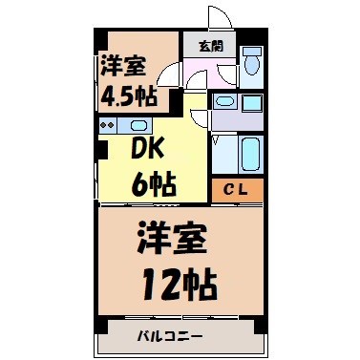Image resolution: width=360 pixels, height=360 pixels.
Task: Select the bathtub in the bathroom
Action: click(250, 153)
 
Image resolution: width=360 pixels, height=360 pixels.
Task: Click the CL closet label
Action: click(236, 189)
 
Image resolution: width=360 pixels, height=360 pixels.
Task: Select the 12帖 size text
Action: click(180, 282)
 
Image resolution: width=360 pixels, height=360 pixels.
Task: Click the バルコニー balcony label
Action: click(176, 336)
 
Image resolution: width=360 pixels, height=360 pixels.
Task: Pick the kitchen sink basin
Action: click(138, 125)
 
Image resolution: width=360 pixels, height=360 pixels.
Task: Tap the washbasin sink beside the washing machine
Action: click(225, 100)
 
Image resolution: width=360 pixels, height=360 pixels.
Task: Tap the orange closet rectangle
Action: click(236, 189)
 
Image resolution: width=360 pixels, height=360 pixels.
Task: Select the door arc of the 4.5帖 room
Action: click(170, 74)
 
